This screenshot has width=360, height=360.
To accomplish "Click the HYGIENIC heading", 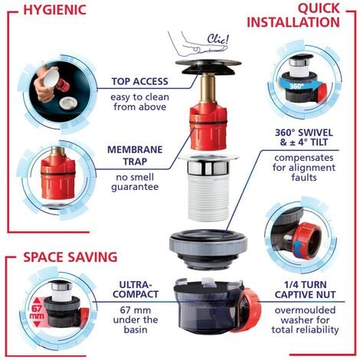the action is coord(55,10).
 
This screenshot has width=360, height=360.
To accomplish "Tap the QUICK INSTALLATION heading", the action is coord(293,15).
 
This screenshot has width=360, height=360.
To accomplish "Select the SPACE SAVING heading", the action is coord(70,257).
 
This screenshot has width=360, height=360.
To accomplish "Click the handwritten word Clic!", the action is coord(218,39).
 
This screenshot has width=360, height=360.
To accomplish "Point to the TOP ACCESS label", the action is coord(140,81).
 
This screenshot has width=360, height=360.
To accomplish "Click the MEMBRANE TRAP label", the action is coord(135,155).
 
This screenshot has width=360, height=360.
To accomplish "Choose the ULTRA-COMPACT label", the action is coord(136,290).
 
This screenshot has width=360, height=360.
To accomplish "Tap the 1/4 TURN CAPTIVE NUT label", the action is coord(305,290).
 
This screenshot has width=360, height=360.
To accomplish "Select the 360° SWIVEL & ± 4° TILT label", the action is coord(304,137).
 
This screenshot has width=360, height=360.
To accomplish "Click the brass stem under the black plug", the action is coord(207,88).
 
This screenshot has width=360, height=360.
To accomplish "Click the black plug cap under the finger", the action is coord(208,67).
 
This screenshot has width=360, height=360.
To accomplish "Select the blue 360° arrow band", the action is coord(301,85).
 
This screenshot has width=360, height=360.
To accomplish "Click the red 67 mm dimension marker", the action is coord(37,313).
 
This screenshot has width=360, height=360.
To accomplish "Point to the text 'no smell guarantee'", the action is coord(135,182).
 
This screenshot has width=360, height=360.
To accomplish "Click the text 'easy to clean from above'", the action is coord(140,102).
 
